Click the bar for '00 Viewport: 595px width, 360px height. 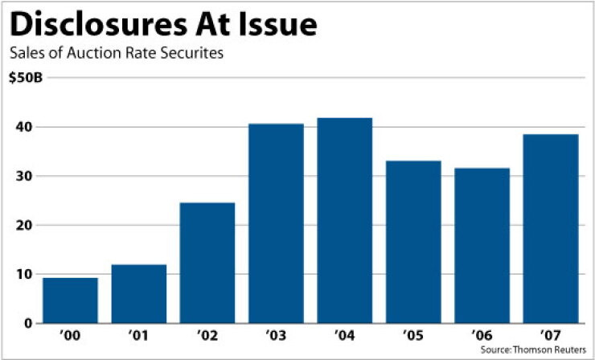click(70, 301)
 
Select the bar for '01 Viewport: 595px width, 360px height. click(139, 293)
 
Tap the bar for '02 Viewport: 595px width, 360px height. click(207, 263)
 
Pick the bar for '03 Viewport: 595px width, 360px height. click(276, 223)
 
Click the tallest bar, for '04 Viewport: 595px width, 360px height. click(345, 220)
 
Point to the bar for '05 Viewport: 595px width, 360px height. click(413, 242)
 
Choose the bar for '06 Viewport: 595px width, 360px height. click(482, 245)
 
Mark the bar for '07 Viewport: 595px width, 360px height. click(551, 229)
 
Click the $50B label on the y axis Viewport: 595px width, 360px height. click(26, 79)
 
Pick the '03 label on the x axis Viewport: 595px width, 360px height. click(276, 335)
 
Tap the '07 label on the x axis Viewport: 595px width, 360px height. click(551, 335)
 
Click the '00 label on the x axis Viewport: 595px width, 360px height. click(70, 335)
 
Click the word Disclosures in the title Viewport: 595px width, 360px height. click(98, 25)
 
